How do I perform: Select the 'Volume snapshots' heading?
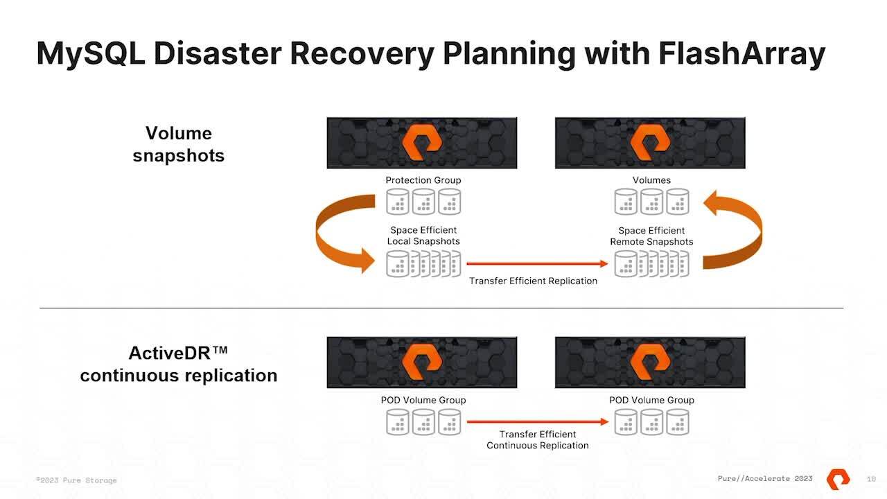[x=179, y=144]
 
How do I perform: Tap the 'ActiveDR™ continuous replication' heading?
[x=179, y=364]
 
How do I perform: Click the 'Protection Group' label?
[x=423, y=180]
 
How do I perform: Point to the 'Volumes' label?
[x=651, y=180]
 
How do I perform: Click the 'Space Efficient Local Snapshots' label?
[x=423, y=236]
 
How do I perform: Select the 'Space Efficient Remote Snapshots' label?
[x=651, y=236]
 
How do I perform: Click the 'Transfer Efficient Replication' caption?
[x=533, y=281]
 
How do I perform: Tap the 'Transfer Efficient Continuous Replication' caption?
[x=537, y=439]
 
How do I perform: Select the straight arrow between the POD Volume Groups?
[x=537, y=421]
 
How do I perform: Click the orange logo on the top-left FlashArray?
[x=422, y=142]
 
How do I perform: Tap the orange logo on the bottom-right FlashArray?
[x=650, y=362]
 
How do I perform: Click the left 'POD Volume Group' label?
[x=423, y=400]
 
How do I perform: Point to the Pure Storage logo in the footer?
[x=838, y=479]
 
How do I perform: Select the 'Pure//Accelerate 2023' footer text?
[x=765, y=479]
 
